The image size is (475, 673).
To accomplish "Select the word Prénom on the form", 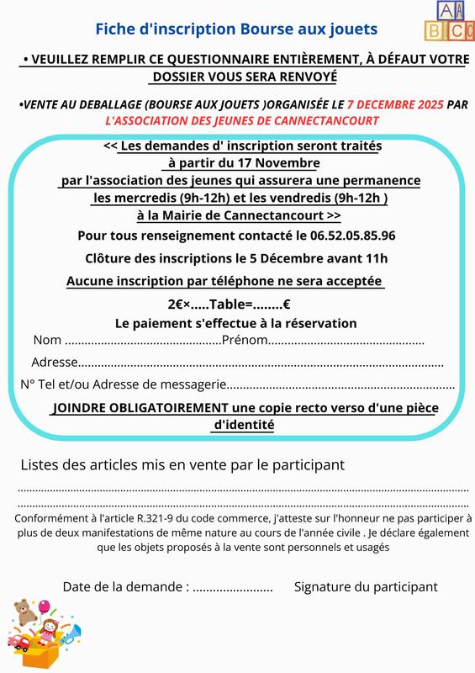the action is click(245, 341).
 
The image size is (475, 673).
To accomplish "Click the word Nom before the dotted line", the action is click(47, 341).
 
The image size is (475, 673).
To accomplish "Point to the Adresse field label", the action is click(54, 363).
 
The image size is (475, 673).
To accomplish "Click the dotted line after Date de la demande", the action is click(233, 587).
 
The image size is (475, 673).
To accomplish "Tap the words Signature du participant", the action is click(366, 587).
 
